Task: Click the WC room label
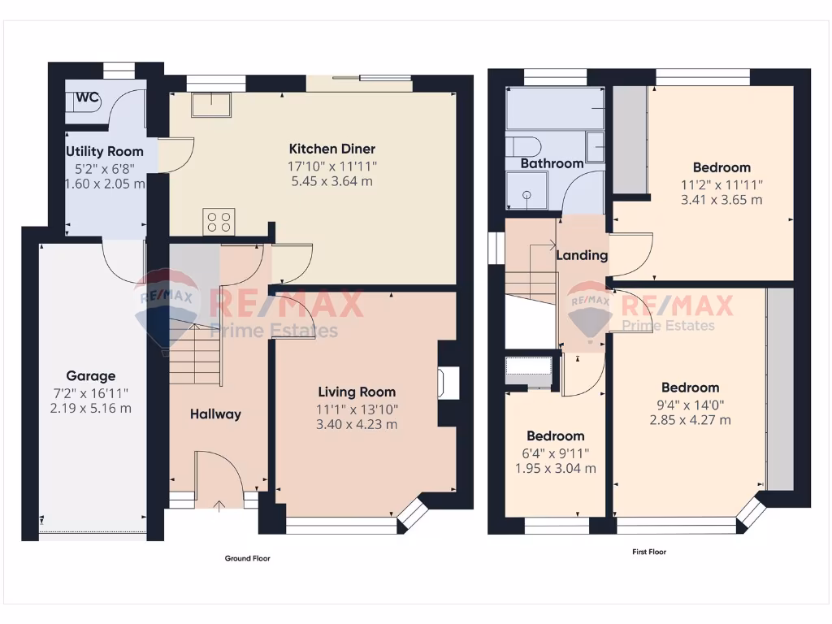pyautogui.click(x=87, y=97)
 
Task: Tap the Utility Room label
pyautogui.click(x=105, y=151)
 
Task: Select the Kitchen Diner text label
pyautogui.click(x=332, y=149)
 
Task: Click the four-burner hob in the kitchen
pyautogui.click(x=219, y=221)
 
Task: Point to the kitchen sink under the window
pyautogui.click(x=210, y=105)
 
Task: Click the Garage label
pyautogui.click(x=90, y=376)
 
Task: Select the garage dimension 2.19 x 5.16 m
pyautogui.click(x=90, y=408)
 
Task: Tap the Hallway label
pyautogui.click(x=215, y=414)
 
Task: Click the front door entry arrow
pyautogui.click(x=219, y=508)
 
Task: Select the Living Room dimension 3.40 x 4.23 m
pyautogui.click(x=357, y=423)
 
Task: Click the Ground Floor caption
pyautogui.click(x=247, y=558)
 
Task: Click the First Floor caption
pyautogui.click(x=649, y=552)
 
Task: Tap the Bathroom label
pyautogui.click(x=552, y=163)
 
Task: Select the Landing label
pyautogui.click(x=582, y=255)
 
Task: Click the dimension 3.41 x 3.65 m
pyautogui.click(x=722, y=200)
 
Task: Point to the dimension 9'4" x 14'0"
pyautogui.click(x=690, y=404)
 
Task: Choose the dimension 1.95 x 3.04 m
pyautogui.click(x=557, y=468)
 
